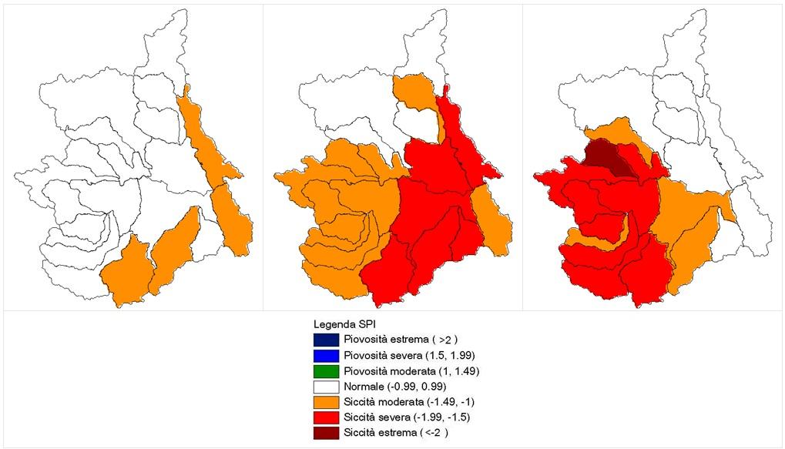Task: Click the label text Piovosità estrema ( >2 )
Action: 394,339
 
